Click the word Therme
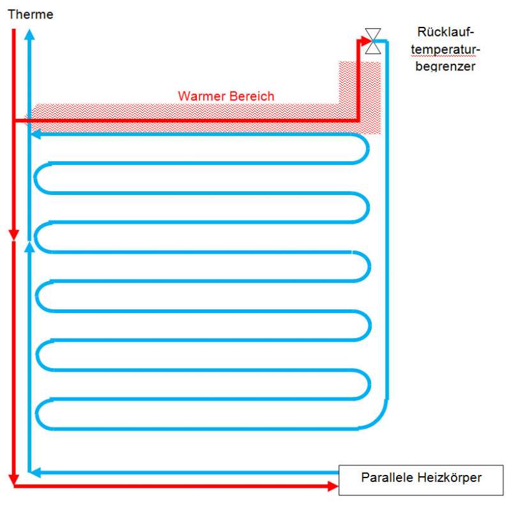pyautogui.click(x=30, y=14)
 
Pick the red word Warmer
pyautogui.click(x=199, y=97)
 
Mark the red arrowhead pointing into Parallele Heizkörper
pyautogui.click(x=333, y=487)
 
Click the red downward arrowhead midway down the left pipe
pyautogui.click(x=13, y=235)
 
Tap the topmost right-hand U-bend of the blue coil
pyautogui.click(x=366, y=148)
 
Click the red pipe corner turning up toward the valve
pyautogui.click(x=358, y=120)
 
